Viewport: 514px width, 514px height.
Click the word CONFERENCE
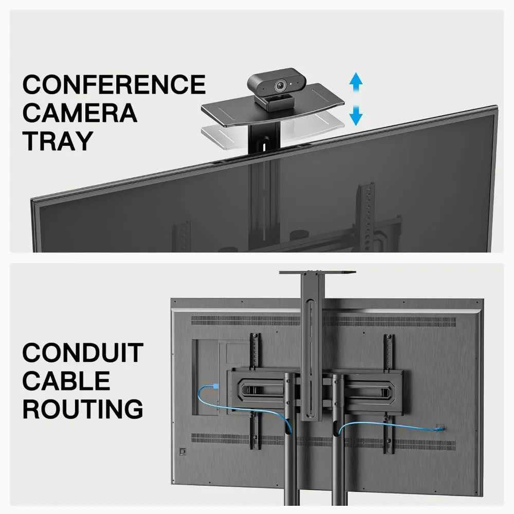[x=114, y=85]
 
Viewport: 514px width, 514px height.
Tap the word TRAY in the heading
[x=58, y=140]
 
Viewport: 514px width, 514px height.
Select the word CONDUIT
[x=82, y=354]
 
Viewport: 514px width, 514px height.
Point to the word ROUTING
[x=82, y=409]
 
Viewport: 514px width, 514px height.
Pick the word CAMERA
[x=80, y=113]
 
